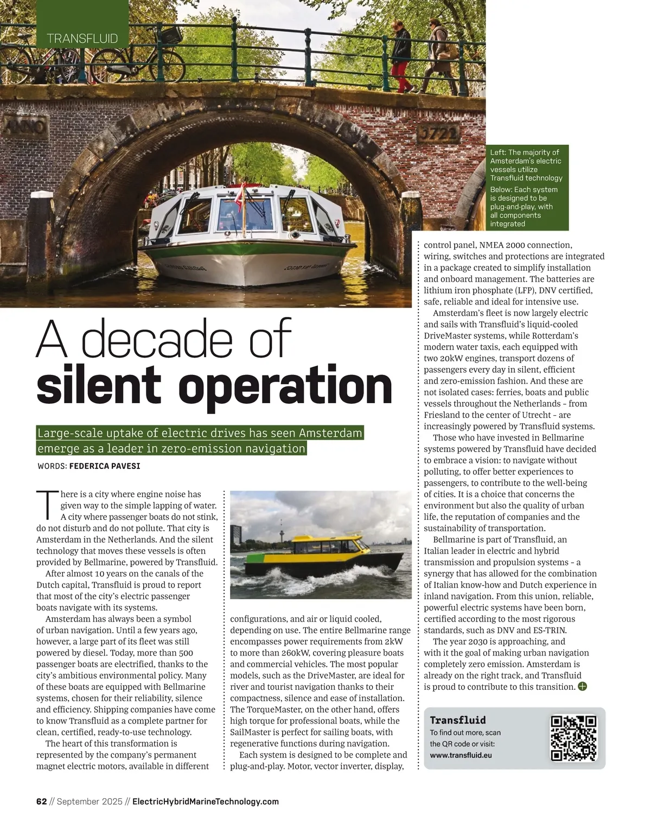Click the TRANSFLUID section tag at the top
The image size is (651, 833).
point(82,38)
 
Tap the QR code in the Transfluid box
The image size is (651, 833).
point(573,738)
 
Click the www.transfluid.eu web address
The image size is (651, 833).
point(461,755)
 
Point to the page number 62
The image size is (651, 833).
point(41,802)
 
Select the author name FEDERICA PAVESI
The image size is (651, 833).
point(105,466)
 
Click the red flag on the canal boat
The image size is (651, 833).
point(239,194)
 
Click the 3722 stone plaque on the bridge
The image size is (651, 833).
point(439,133)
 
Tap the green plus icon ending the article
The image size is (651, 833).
point(583,686)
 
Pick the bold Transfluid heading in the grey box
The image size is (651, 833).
point(457,720)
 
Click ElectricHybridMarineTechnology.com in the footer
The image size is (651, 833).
point(206,802)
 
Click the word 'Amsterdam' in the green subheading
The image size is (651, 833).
point(330,433)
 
